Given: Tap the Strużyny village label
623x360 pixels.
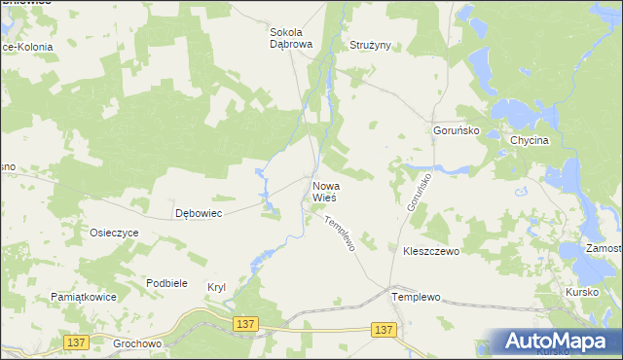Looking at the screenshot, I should [369, 46].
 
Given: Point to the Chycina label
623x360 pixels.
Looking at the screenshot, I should [531, 140].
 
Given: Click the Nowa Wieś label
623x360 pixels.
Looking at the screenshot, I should [325, 191].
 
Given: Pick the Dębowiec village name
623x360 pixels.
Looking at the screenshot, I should [199, 213].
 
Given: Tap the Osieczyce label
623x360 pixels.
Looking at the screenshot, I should [115, 234].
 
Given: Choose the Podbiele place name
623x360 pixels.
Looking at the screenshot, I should [166, 282].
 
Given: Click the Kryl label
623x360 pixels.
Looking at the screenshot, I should [216, 287].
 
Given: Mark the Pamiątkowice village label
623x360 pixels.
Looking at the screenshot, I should [84, 296].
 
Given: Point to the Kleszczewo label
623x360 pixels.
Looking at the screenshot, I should [430, 250].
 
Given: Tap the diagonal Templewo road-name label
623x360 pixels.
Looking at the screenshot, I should [341, 234].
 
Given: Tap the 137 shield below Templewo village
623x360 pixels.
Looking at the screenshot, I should [385, 330].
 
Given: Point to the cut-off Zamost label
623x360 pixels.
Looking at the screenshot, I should [604, 250].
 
